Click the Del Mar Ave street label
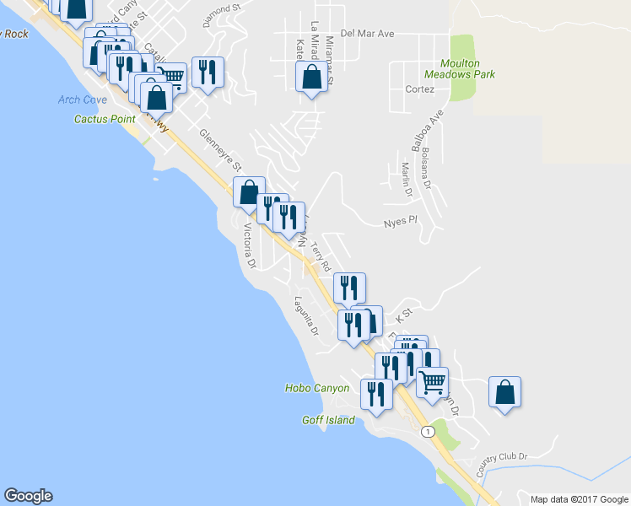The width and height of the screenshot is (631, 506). [369, 35]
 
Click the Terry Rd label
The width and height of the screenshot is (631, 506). [321, 256]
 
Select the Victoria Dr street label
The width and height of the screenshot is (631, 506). [249, 245]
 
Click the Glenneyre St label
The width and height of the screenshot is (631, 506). [220, 149]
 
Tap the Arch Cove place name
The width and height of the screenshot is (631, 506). [83, 100]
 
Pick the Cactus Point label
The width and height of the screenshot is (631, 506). [105, 119]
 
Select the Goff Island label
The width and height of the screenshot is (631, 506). [328, 420]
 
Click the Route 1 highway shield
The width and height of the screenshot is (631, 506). [428, 432]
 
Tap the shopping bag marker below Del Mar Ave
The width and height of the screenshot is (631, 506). [311, 78]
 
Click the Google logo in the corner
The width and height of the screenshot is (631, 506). [28, 496]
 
